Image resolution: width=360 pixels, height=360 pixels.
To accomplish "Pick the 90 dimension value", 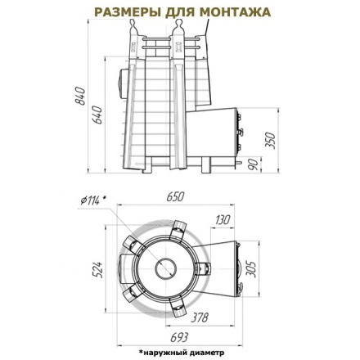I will click(254, 164).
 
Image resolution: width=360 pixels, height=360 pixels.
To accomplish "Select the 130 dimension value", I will click(222, 220).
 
